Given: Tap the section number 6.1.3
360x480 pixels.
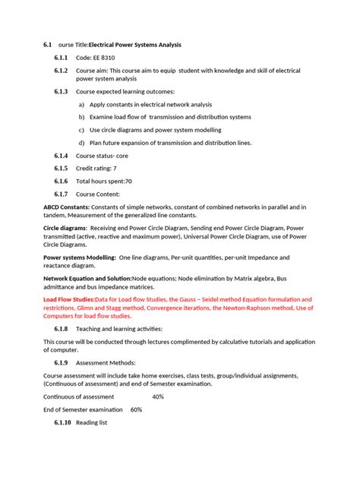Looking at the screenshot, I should [x=61, y=91].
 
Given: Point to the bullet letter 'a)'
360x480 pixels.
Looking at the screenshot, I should [x=81, y=105].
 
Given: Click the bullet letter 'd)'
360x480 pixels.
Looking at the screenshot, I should [x=81, y=143].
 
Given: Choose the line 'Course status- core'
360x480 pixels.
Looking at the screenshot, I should [x=102, y=156].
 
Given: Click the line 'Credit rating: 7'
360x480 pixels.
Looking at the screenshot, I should [x=96, y=169].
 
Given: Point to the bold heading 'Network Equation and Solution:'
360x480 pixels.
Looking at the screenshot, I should [x=87, y=279].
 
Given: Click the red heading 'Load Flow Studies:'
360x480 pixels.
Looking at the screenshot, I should [x=69, y=300].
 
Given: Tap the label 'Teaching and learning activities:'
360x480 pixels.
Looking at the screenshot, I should [x=119, y=329].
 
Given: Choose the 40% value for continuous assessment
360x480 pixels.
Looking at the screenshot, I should [x=158, y=396].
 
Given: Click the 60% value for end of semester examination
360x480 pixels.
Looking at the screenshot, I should [x=136, y=409].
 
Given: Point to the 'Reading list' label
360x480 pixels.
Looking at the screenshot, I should [x=92, y=422].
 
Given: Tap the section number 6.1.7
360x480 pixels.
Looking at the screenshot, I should [x=61, y=194].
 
